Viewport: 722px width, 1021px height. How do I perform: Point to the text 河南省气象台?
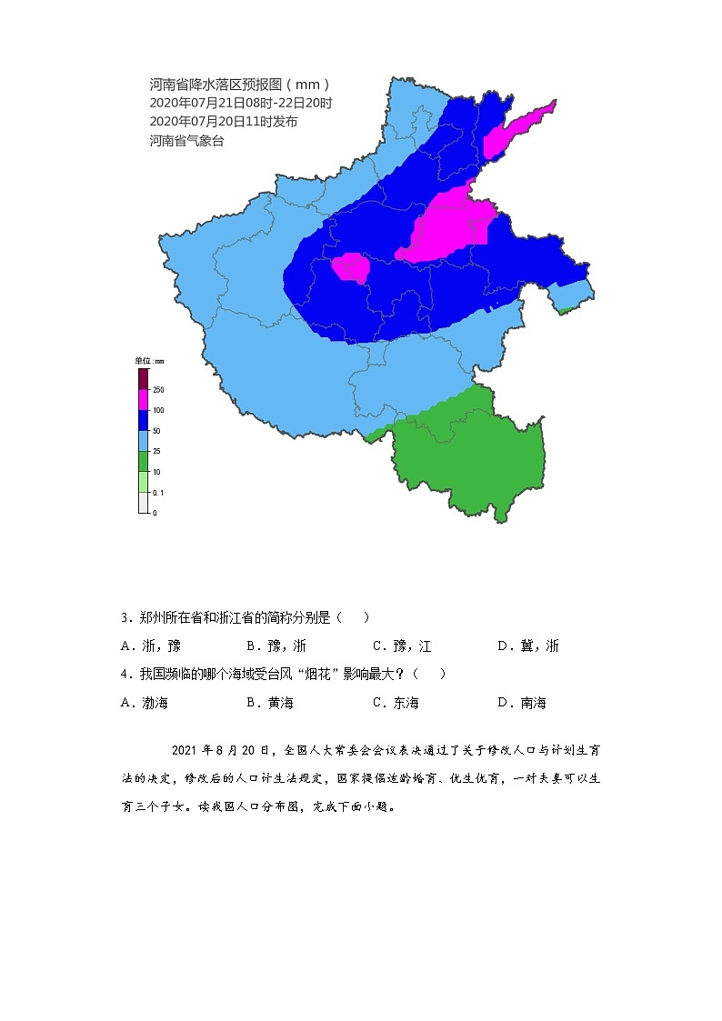pos(186,140)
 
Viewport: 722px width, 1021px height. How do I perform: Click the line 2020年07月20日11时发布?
pos(224,122)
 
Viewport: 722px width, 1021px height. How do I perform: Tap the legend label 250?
pos(158,390)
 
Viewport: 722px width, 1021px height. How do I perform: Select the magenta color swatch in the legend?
pos(143,399)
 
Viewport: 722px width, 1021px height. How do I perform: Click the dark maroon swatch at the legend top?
pos(143,378)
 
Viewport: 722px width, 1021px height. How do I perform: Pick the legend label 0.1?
pos(158,493)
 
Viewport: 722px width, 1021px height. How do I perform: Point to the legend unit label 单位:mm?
pos(150,361)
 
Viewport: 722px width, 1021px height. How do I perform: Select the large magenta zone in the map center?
pos(450,225)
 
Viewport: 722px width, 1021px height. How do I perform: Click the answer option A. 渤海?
pos(145,703)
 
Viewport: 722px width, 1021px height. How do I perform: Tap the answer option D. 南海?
pos(522,703)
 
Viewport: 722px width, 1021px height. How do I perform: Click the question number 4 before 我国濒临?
pos(125,674)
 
